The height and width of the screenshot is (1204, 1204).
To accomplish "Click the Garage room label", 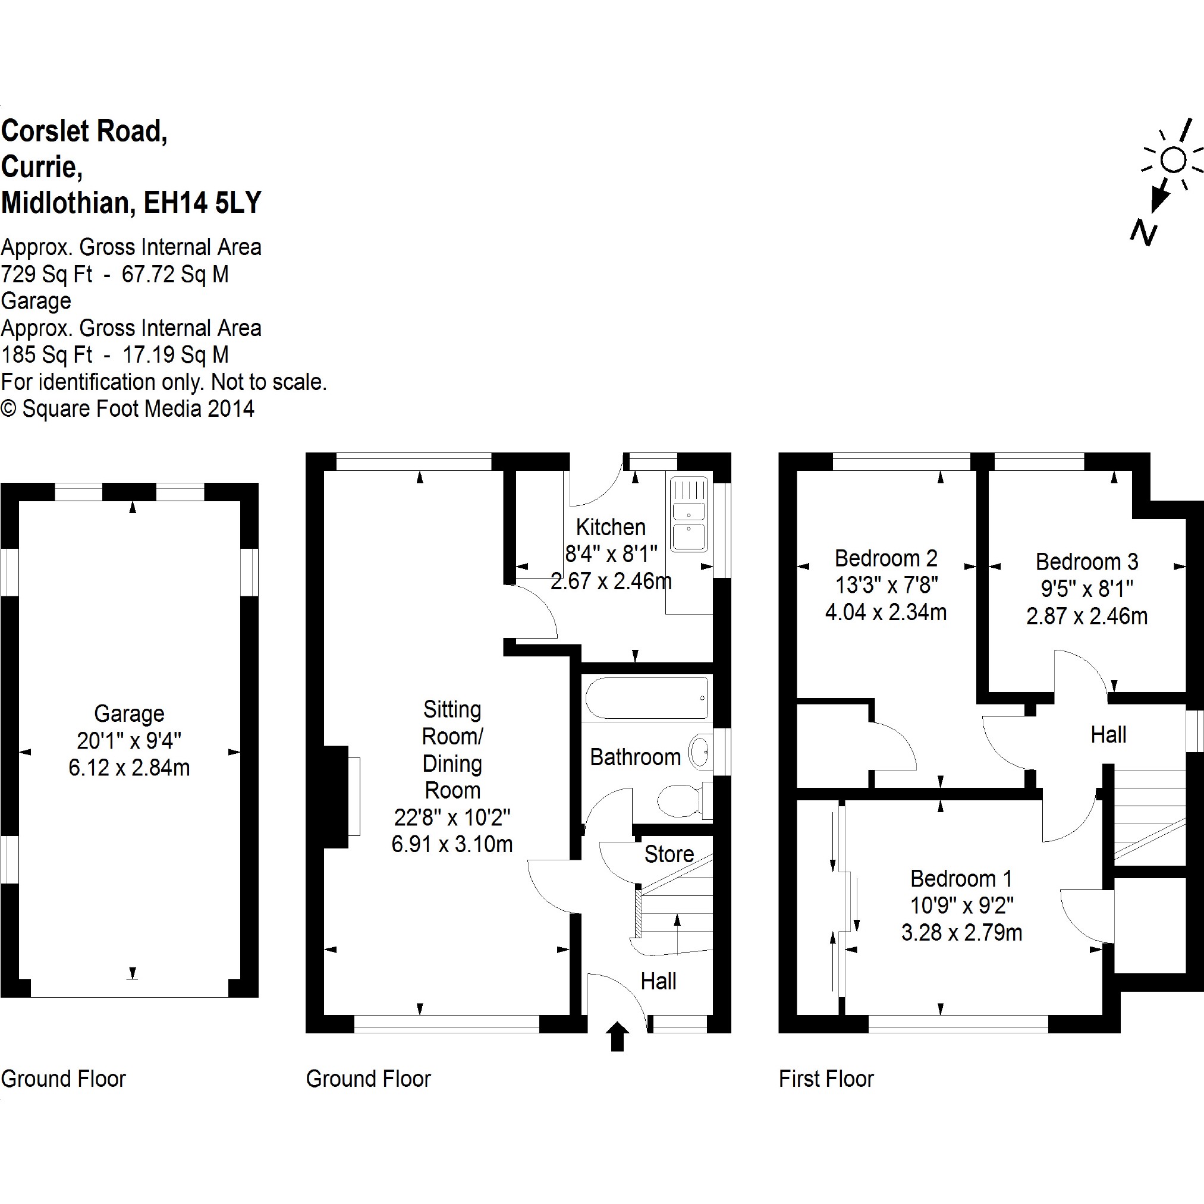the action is [129, 713].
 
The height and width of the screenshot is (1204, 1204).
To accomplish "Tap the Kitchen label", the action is [610, 527].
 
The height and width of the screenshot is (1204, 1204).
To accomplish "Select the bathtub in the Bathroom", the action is [647, 698].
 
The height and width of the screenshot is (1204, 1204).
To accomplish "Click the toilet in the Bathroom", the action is [679, 800].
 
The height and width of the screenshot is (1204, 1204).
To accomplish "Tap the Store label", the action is [669, 854].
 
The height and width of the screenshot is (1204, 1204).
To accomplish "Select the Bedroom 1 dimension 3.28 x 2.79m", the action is [961, 932].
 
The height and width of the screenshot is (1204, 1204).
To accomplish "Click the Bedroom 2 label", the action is [885, 558].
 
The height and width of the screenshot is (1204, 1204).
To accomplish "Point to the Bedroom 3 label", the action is [1087, 561].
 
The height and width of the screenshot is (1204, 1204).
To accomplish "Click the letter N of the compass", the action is [1143, 232].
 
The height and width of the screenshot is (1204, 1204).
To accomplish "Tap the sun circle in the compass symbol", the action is [1174, 160].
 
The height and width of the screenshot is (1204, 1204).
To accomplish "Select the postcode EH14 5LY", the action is [203, 203].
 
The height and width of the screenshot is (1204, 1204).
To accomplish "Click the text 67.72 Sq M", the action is [175, 274].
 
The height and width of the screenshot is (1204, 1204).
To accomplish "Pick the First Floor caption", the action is [826, 1078].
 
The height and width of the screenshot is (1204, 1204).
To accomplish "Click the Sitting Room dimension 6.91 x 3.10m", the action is [452, 844].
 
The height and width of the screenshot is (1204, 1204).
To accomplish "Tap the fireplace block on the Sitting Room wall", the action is [337, 797].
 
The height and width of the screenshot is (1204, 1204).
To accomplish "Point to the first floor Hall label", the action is [1108, 735].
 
